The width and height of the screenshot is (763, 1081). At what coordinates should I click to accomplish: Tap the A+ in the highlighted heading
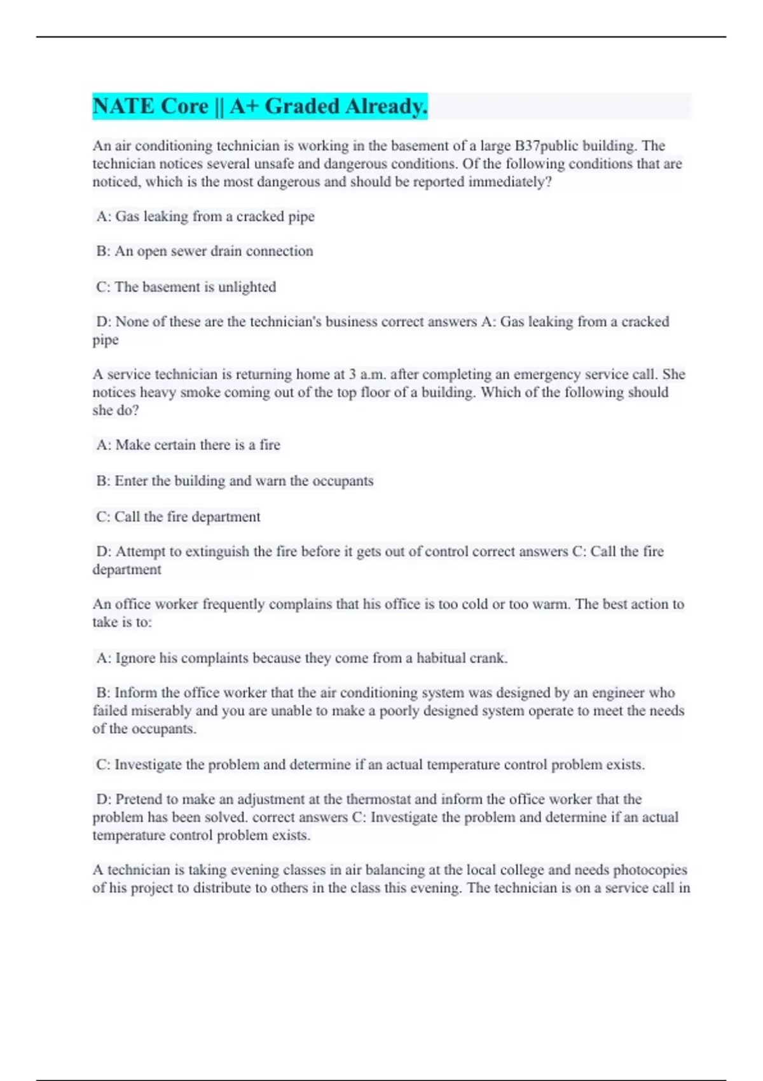244,106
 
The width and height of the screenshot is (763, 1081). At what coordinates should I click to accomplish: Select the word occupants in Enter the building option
343,481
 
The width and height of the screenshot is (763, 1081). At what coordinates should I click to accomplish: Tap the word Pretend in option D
139,799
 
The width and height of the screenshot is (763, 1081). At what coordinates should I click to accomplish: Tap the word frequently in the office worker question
233,604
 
